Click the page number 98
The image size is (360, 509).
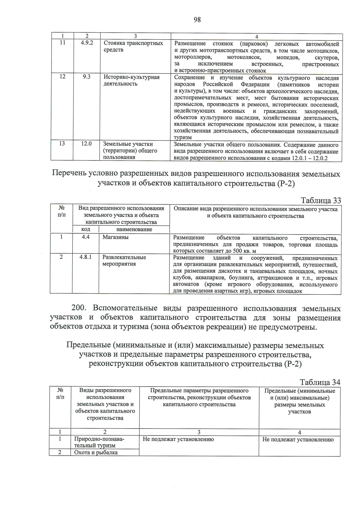click(197, 20)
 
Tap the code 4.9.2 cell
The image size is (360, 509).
click(87, 43)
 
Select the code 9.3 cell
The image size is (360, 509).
click(87, 77)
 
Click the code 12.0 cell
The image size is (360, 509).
click(86, 144)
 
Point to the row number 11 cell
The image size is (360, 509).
click(62, 43)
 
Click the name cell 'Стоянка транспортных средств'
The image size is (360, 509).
click(133, 46)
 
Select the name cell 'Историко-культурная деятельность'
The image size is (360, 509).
click(131, 80)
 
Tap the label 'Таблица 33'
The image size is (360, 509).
click(321, 200)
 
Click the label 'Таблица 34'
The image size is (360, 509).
click(320, 382)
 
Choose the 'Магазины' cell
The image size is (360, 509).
click(115, 237)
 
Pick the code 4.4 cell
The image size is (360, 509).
click(85, 237)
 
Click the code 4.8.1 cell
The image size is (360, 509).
click(85, 257)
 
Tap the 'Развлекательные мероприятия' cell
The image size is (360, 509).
click(124, 261)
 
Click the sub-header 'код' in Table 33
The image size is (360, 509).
click(85, 229)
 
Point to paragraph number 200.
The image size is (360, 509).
click(79, 308)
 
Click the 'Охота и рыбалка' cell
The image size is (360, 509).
click(96, 452)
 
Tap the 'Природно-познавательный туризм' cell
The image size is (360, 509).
click(99, 442)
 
